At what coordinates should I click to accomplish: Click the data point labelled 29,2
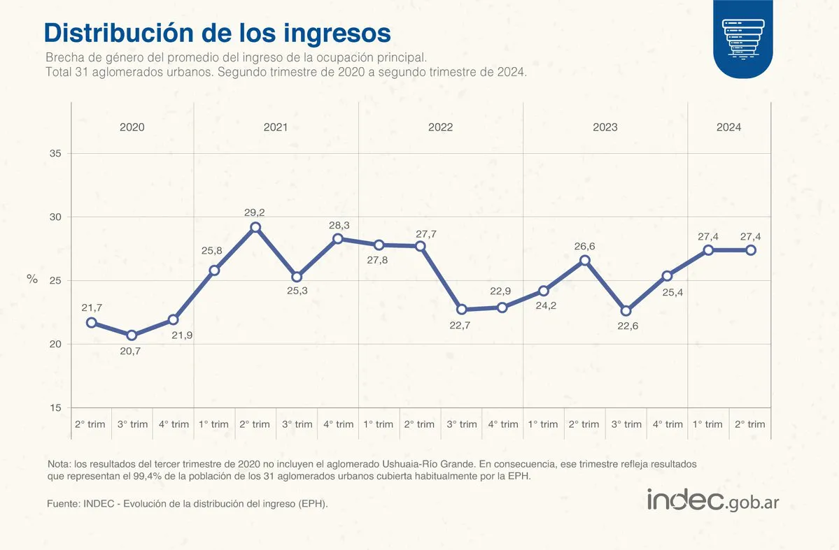click(x=255, y=227)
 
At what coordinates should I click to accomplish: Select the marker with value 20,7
click(x=132, y=335)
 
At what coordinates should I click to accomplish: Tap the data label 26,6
click(x=585, y=246)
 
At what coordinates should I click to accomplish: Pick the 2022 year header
click(x=440, y=127)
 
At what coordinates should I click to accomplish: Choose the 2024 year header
click(x=728, y=127)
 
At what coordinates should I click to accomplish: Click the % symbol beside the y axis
click(x=32, y=279)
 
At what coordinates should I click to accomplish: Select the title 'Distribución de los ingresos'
click(x=217, y=33)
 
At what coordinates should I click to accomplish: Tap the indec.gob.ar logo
click(x=712, y=501)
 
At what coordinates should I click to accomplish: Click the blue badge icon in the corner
click(x=744, y=39)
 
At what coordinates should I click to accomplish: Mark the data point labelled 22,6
click(x=626, y=310)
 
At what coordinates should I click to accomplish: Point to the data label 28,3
click(x=338, y=225)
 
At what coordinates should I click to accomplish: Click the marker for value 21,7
click(x=91, y=323)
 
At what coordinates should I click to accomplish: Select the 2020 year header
click(x=132, y=127)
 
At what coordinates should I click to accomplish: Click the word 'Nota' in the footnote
click(x=59, y=464)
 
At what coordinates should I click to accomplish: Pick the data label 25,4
click(x=667, y=291)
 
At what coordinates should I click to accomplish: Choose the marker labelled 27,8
click(x=379, y=245)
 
